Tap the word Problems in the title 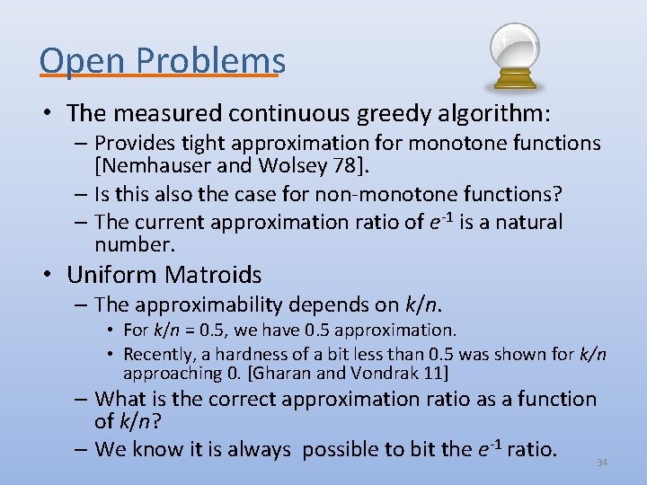[211, 60]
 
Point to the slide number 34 [602, 463]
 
